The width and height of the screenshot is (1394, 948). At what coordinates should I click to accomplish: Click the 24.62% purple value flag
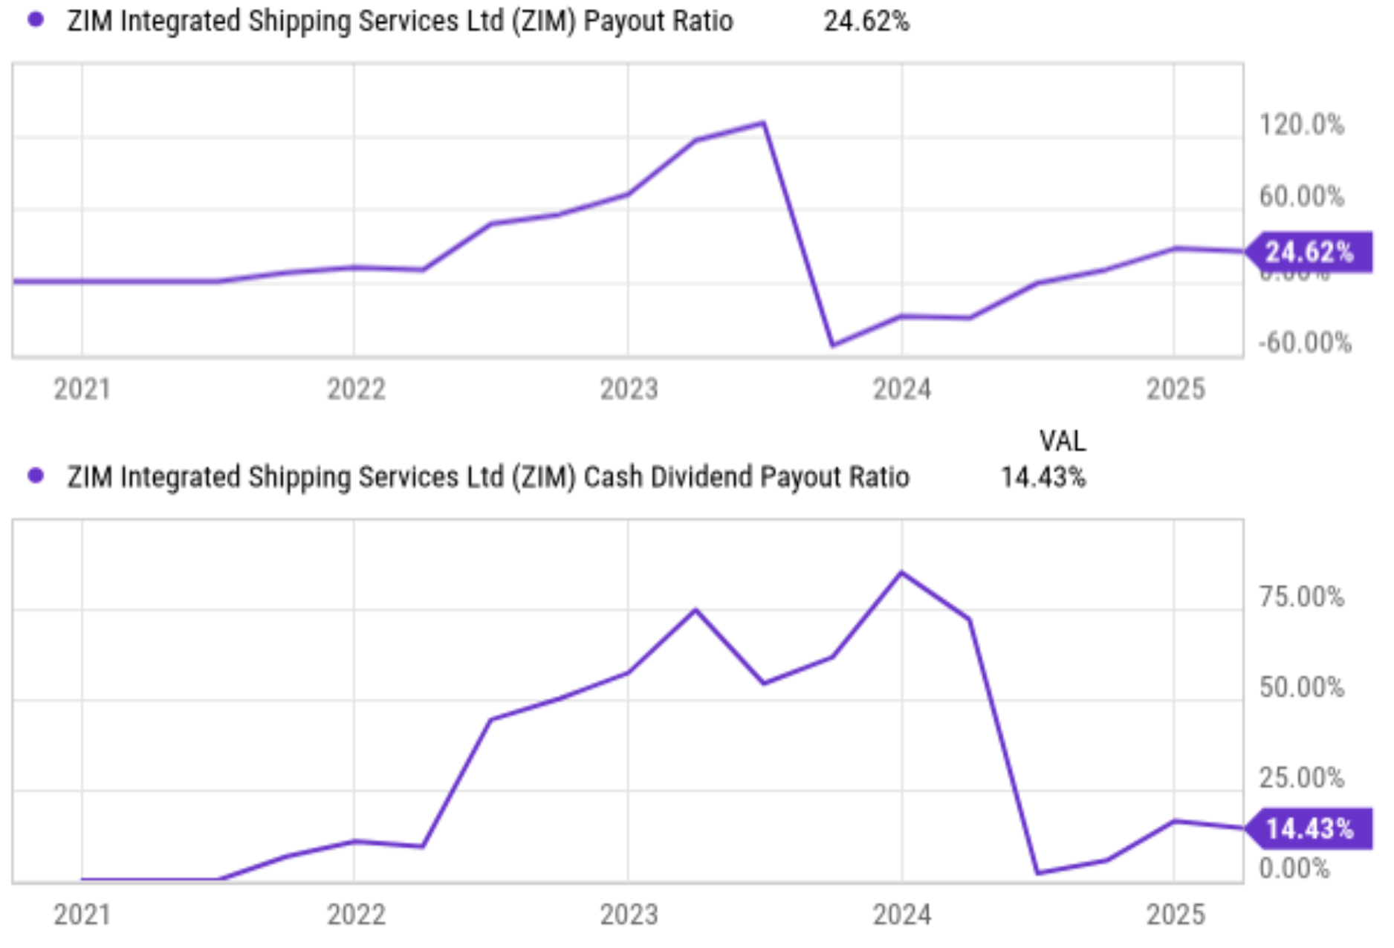point(1309,253)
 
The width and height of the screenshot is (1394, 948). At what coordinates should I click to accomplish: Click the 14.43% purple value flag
point(1309,828)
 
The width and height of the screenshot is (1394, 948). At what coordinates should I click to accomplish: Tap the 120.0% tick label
point(1301,125)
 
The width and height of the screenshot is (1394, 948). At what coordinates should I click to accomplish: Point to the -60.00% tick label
point(1304,342)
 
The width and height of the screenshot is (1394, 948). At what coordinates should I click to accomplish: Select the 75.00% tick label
point(1301,597)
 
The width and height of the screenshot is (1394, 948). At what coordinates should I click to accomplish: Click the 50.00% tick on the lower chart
point(1301,687)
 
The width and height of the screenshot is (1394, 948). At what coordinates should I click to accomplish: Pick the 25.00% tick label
point(1301,778)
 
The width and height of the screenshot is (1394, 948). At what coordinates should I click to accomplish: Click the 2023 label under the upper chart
point(629,389)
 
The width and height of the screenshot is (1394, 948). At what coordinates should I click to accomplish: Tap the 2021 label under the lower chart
point(82,915)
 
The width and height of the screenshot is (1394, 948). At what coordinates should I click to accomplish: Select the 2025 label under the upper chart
point(1175,389)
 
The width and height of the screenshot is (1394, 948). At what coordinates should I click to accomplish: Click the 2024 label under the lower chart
point(901,915)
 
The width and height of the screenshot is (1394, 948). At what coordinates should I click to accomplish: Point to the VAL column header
point(1062,441)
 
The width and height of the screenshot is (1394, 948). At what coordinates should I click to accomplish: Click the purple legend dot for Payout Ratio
point(35,20)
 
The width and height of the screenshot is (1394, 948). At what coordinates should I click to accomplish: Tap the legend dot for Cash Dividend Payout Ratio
point(35,475)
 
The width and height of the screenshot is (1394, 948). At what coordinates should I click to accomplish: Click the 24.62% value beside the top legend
point(866,22)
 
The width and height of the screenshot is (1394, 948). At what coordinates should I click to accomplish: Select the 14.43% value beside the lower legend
point(1043,477)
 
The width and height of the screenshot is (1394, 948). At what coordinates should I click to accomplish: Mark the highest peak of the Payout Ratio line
point(764,123)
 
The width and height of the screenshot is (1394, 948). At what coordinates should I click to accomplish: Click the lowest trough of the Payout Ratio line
point(833,345)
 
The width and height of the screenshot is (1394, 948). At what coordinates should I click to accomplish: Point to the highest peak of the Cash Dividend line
point(901,573)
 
